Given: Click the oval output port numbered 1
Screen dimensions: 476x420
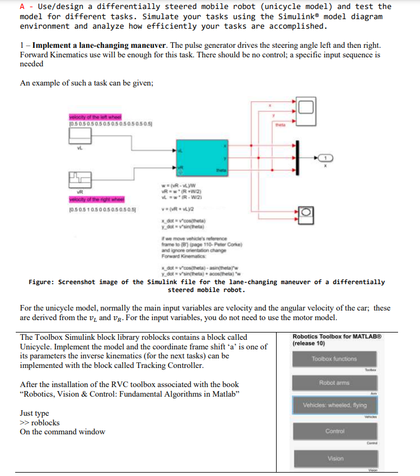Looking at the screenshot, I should tap(327, 158).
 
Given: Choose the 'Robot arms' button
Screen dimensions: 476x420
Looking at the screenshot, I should tap(335, 382).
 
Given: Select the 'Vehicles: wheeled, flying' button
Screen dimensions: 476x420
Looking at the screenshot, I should tap(335, 405).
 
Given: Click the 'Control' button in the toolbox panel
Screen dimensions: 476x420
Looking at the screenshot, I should tap(335, 432).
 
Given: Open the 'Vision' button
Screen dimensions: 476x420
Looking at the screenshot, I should tap(335, 459).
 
